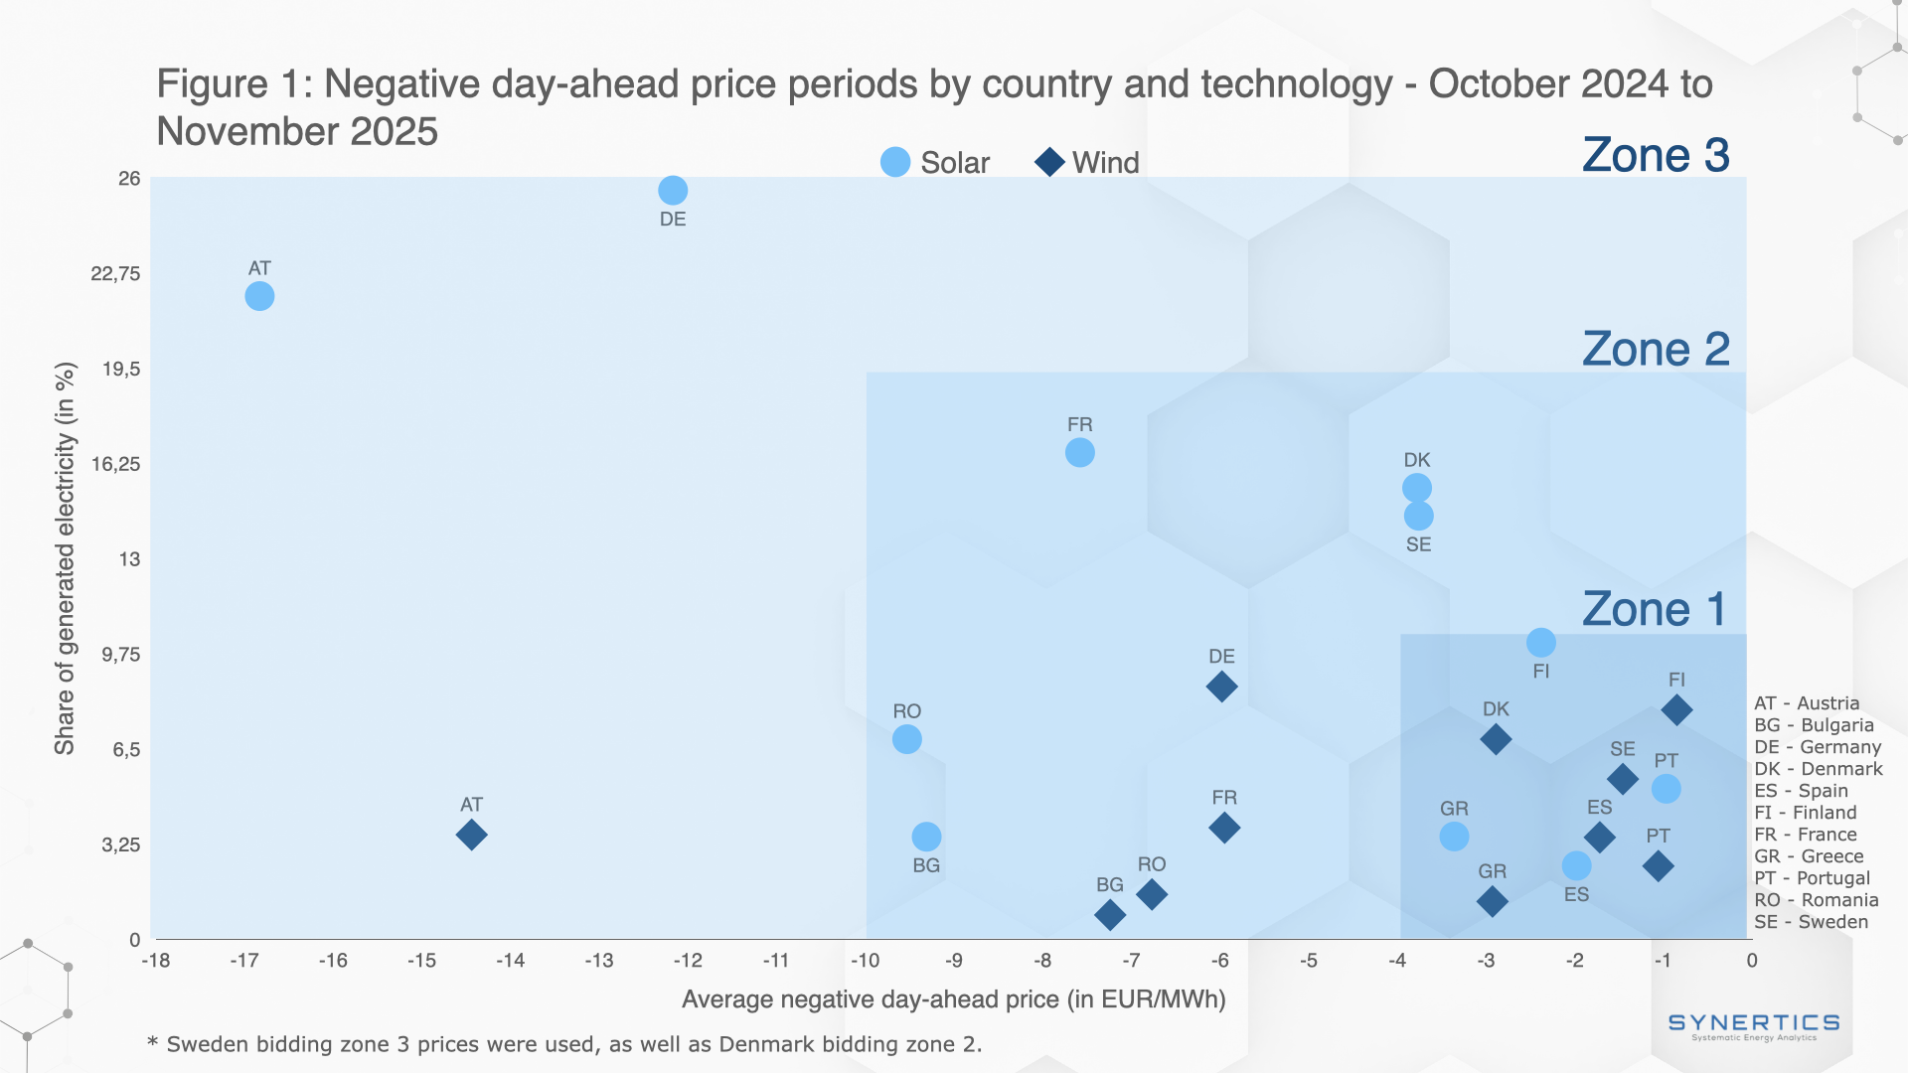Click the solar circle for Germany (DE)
pyautogui.click(x=673, y=190)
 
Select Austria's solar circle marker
pyautogui.click(x=259, y=296)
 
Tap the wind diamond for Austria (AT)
pyautogui.click(x=471, y=835)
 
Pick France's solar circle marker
pyautogui.click(x=1079, y=453)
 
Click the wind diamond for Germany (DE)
pyautogui.click(x=1221, y=687)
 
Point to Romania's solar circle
pyautogui.click(x=906, y=739)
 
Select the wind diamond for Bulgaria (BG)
pyautogui.click(x=1110, y=915)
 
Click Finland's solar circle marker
pyautogui.click(x=1540, y=643)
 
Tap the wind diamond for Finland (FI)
pyautogui.click(x=1676, y=710)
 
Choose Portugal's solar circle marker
pyautogui.click(x=1666, y=789)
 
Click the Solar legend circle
pyautogui.click(x=895, y=162)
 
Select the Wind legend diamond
pyautogui.click(x=1049, y=162)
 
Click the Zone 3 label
pyautogui.click(x=1656, y=156)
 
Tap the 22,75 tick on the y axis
pyautogui.click(x=115, y=274)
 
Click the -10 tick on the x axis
pyautogui.click(x=865, y=961)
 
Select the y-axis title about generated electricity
pyautogui.click(x=65, y=558)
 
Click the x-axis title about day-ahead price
pyautogui.click(x=953, y=999)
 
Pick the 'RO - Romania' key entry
pyautogui.click(x=1816, y=900)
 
